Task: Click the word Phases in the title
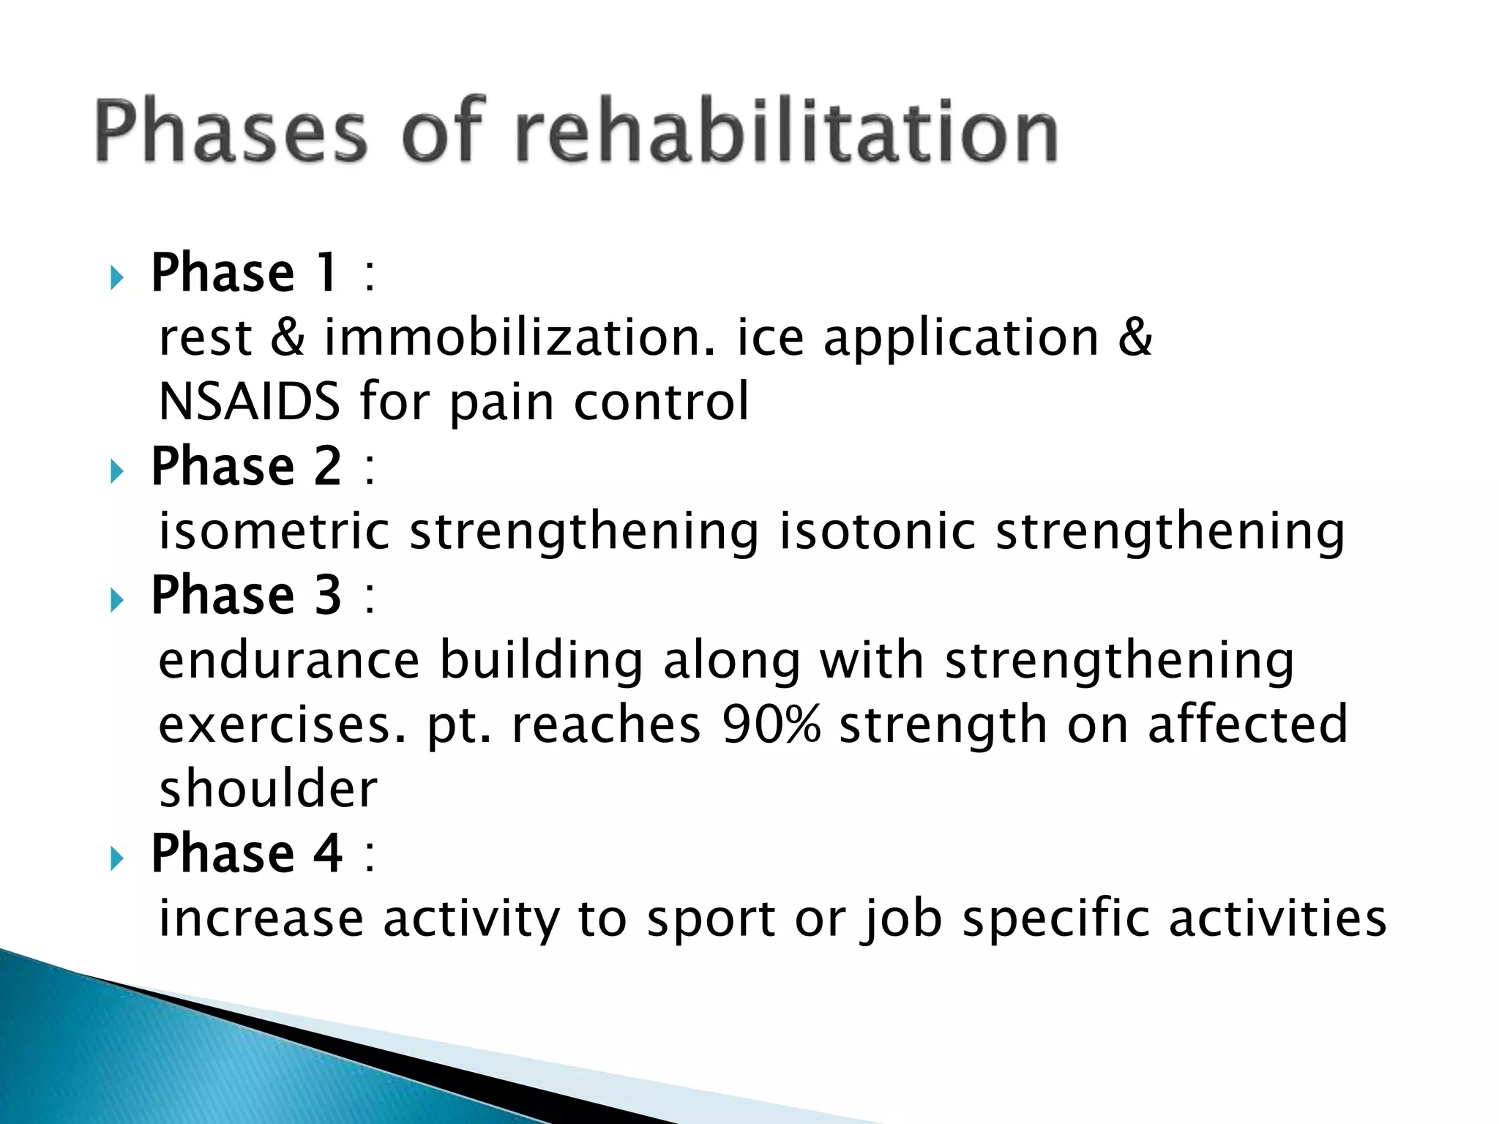230,132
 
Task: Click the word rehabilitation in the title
787,132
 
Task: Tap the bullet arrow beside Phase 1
116,277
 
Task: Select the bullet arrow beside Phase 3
116,600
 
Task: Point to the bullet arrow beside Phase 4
116,858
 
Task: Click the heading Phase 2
246,466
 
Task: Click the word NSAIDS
250,402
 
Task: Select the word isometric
274,531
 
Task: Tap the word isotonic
877,531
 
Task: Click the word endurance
289,660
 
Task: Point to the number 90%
771,724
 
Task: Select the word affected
1247,724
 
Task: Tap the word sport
711,919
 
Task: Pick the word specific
1055,919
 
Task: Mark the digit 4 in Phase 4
328,853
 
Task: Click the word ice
770,338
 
